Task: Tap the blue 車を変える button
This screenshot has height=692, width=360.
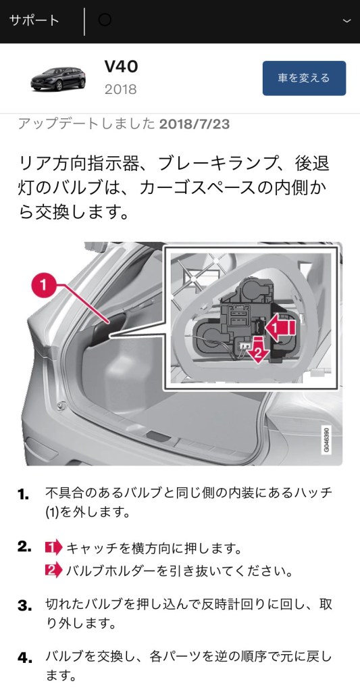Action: coord(304,78)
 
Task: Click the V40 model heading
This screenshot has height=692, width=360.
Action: coord(122,67)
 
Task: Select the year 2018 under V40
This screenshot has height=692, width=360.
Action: coord(120,90)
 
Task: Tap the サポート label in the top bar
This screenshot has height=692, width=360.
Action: coord(34,21)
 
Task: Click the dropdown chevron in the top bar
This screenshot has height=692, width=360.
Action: coord(346,21)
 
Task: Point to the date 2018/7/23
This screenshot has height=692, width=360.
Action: coord(195,124)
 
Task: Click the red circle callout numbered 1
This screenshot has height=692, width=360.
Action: coord(43,285)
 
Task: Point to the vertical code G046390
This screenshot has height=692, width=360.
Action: coord(326,439)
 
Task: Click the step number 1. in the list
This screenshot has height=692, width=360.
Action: coord(24,495)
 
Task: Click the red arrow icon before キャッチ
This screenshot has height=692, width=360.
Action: coord(54,548)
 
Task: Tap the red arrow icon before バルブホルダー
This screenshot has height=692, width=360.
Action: coord(54,571)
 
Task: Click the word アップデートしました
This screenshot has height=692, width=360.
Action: coord(86,124)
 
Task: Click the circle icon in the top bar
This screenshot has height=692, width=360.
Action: coord(105,20)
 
